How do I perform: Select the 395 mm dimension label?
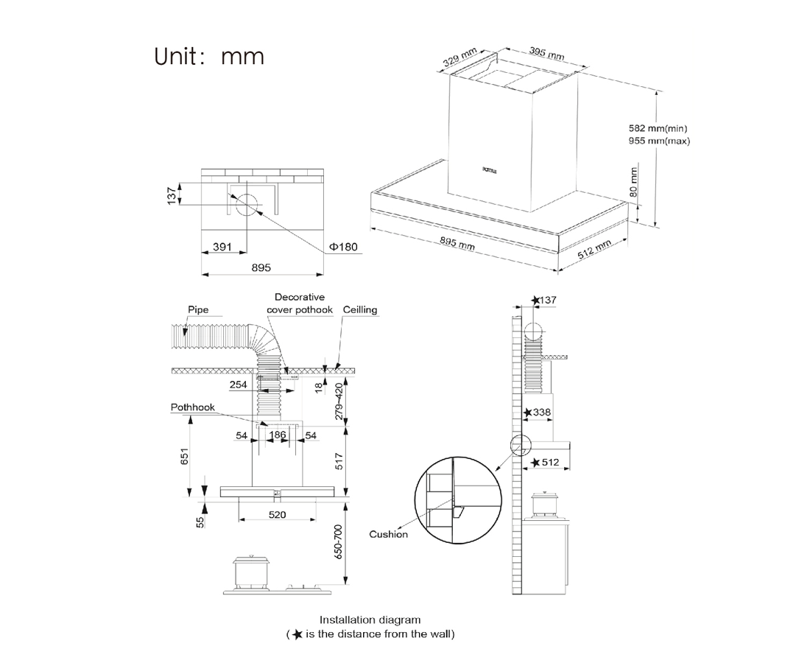point(546,53)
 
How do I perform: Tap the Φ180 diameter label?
point(343,247)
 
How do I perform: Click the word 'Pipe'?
point(198,309)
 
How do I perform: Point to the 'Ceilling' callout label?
point(359,309)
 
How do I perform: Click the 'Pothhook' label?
point(192,406)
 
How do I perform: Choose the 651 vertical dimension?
point(185,457)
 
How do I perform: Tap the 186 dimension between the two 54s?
point(277,435)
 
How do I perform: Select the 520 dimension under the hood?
point(277,514)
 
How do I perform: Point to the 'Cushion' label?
point(388,534)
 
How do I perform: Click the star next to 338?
point(527,413)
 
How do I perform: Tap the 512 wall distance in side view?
point(550,463)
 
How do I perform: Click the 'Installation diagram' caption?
point(370,620)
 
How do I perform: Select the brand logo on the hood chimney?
point(490,169)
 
